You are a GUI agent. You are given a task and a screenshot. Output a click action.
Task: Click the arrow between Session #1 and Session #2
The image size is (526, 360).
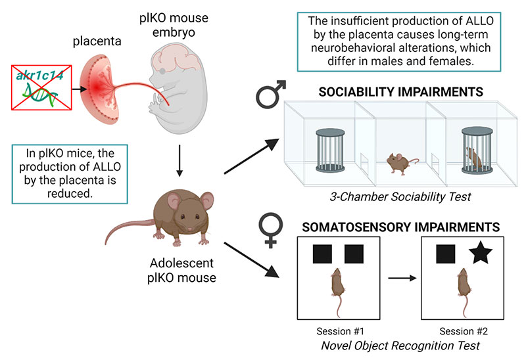[x=403, y=279]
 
